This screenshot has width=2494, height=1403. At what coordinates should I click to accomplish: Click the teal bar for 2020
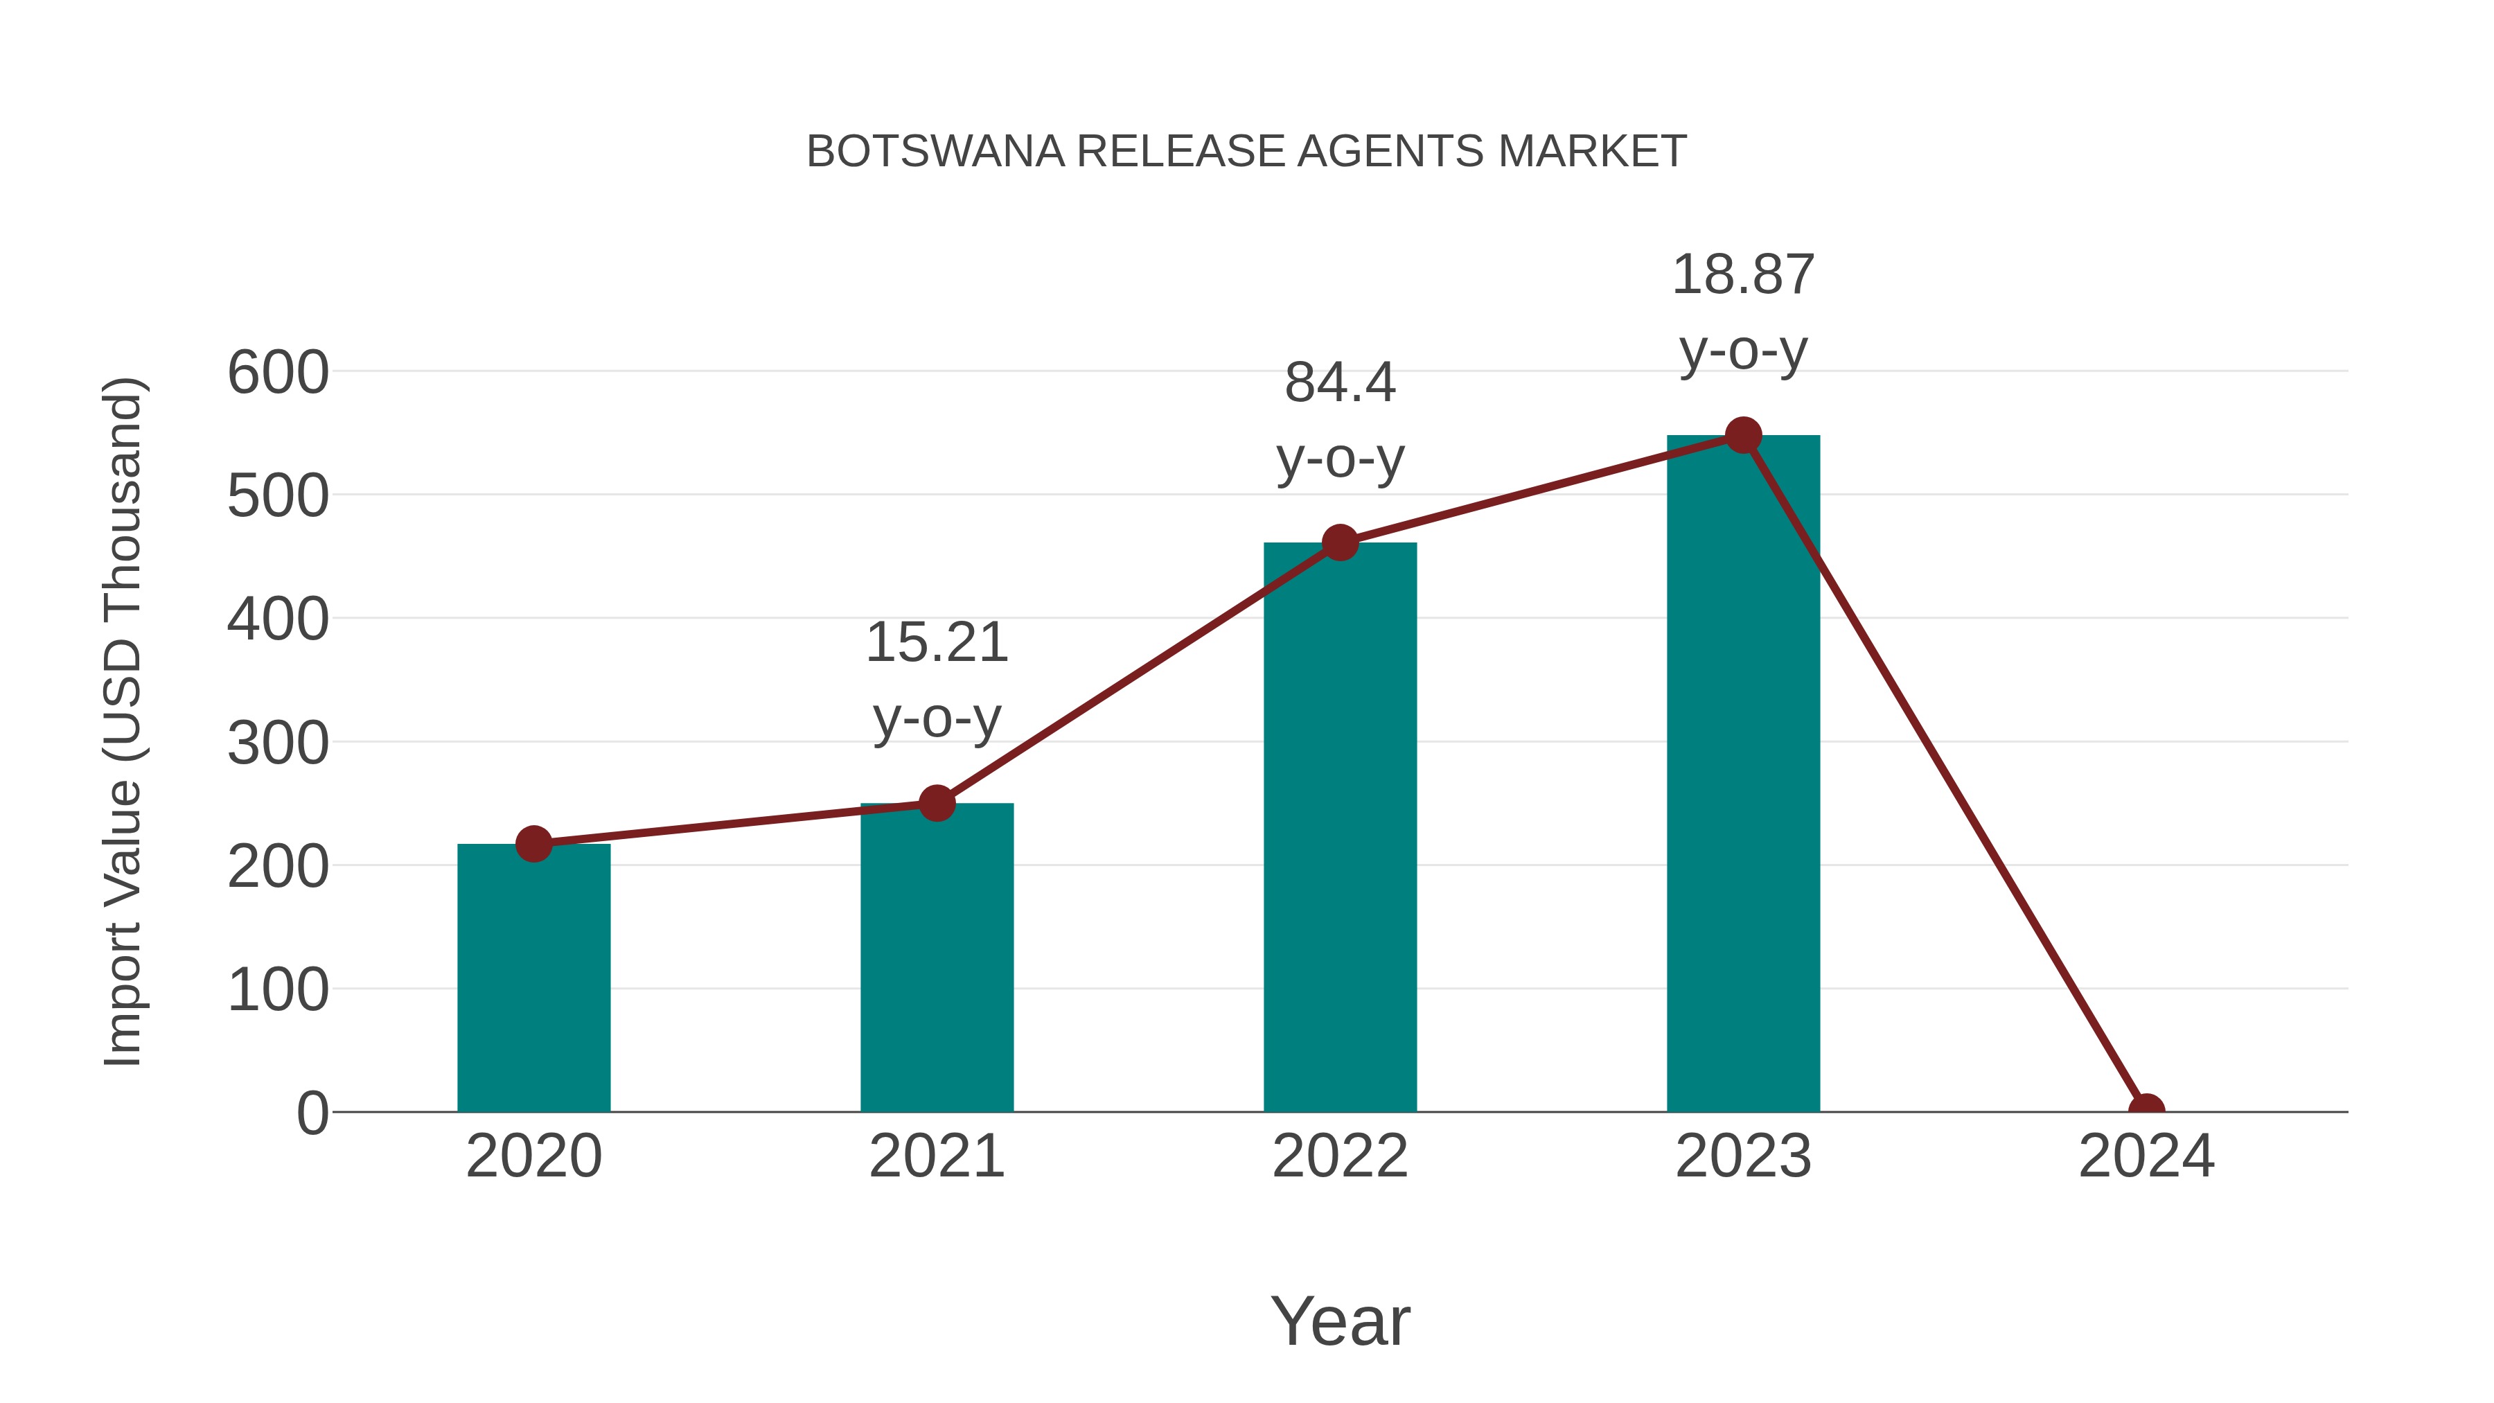533,978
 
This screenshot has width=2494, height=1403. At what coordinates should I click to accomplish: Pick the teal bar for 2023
1743,774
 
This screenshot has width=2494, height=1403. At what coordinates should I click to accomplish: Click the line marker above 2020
533,845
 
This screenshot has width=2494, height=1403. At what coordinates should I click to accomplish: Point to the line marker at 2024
2146,1110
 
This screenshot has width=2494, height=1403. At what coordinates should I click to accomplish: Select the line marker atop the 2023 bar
1743,436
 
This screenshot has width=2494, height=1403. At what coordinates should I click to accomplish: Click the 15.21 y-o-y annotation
936,680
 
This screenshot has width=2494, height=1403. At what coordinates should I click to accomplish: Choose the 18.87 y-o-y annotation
1743,312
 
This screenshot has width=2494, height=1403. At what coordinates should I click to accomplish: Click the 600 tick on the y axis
278,373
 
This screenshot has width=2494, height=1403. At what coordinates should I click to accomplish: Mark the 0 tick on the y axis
312,1113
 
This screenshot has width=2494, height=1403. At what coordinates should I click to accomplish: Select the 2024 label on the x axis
2146,1156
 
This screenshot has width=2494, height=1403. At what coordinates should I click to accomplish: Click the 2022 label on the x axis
1340,1156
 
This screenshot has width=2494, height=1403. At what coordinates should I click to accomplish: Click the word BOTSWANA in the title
935,152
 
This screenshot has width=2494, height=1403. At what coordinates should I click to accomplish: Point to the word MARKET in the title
1592,152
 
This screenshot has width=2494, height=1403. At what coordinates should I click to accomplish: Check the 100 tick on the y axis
278,991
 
